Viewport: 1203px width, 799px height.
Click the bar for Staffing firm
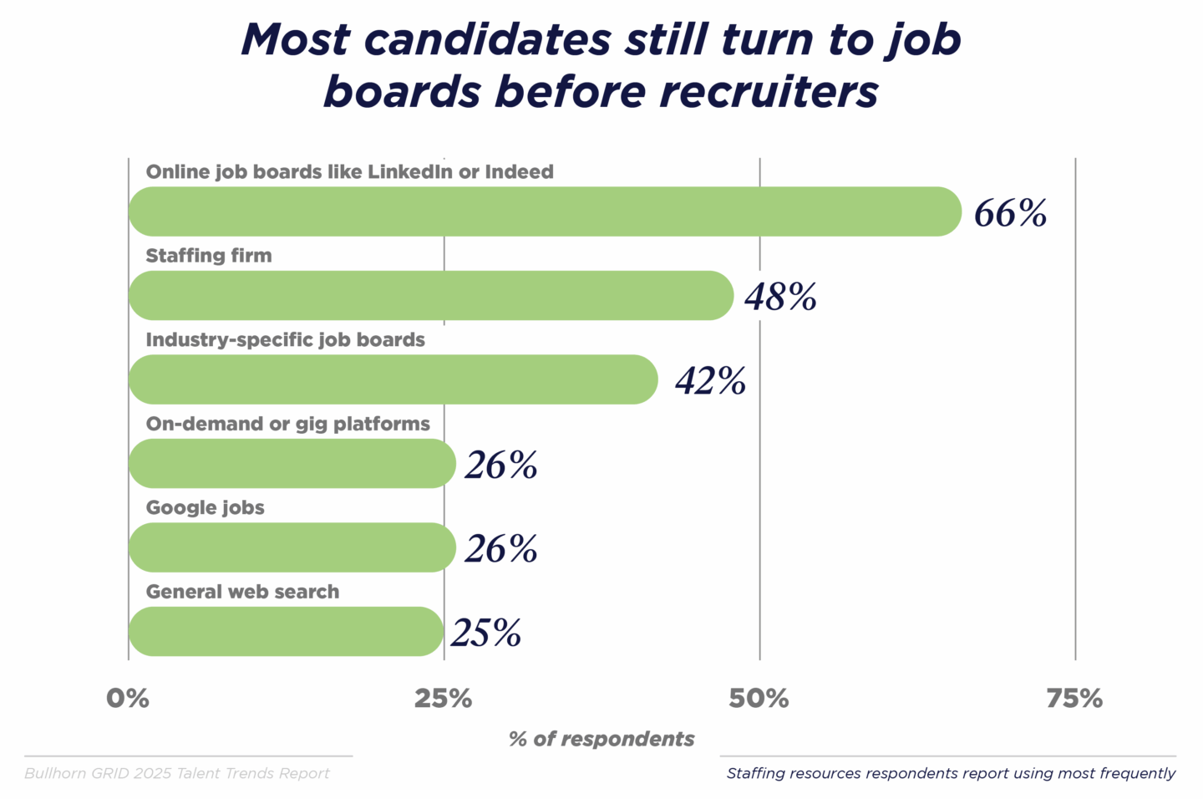430,295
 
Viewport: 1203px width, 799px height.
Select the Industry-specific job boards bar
393,379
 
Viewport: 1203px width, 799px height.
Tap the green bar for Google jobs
292,547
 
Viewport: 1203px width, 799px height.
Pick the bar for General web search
286,631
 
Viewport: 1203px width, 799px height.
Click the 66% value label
1010,213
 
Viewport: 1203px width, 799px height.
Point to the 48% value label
780,297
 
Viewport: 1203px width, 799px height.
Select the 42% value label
710,381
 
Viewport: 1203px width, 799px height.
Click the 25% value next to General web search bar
486,633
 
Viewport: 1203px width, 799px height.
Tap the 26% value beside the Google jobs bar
501,549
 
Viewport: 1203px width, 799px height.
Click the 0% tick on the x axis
128,699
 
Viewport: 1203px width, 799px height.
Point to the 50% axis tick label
759,699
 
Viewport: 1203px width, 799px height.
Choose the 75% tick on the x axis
1074,699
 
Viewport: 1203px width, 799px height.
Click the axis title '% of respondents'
601,739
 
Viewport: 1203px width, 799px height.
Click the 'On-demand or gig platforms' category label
287,424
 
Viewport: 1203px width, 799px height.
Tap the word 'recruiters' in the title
769,91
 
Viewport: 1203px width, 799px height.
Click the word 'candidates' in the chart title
488,39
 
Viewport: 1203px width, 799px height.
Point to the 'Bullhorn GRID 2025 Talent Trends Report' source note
177,773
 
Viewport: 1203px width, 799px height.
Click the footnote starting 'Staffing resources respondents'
951,773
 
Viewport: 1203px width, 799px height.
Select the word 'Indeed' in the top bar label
519,171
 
